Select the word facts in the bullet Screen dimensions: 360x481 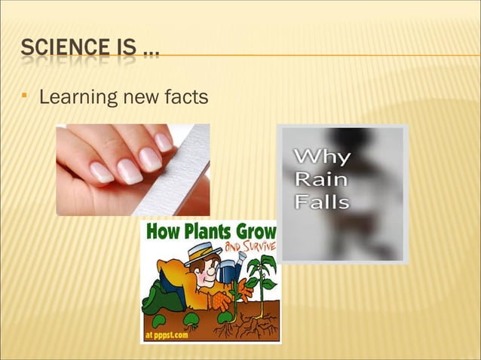[x=185, y=97]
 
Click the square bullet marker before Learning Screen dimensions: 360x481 [x=27, y=96]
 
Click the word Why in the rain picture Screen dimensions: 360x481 [x=321, y=157]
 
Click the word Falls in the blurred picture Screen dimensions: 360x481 [x=322, y=201]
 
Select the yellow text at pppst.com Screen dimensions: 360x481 [x=167, y=334]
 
